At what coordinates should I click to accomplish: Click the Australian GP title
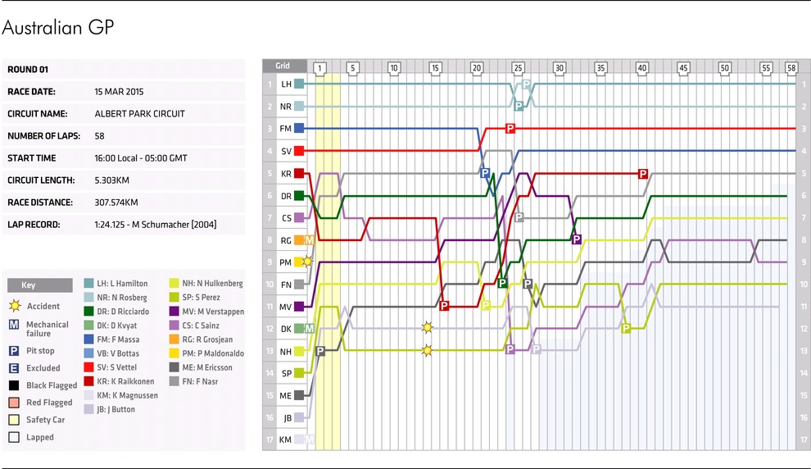click(x=57, y=28)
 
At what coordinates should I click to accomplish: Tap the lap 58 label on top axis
click(x=791, y=67)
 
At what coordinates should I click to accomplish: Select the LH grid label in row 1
click(x=286, y=84)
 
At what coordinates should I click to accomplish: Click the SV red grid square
click(x=300, y=151)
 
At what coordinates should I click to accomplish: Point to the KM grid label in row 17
click(x=286, y=439)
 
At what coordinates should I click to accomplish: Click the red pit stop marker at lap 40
click(x=643, y=173)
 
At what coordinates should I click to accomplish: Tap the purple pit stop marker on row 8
click(x=576, y=239)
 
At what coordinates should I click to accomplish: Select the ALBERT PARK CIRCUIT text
click(x=139, y=113)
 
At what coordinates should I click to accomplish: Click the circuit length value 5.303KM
click(x=116, y=180)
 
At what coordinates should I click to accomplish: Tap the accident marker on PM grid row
click(x=307, y=262)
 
